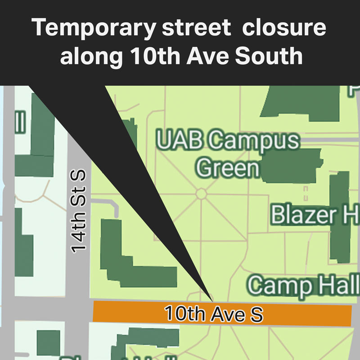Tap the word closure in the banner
click(x=283, y=28)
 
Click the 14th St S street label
click(x=80, y=211)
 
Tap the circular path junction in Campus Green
click(x=201, y=193)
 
